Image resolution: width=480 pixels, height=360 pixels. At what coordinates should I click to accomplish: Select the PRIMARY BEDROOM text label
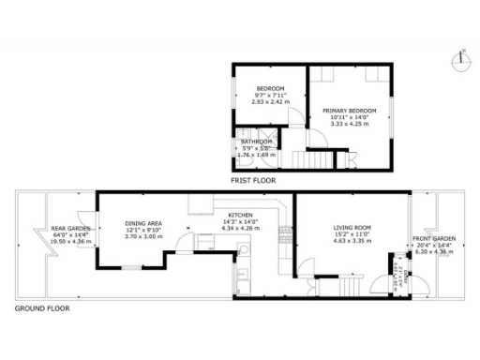349,111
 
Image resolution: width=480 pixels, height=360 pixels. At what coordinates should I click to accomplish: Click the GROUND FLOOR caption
41,307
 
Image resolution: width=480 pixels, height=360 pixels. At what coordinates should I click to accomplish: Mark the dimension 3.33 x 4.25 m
349,123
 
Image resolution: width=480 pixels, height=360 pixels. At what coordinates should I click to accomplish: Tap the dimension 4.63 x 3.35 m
353,241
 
